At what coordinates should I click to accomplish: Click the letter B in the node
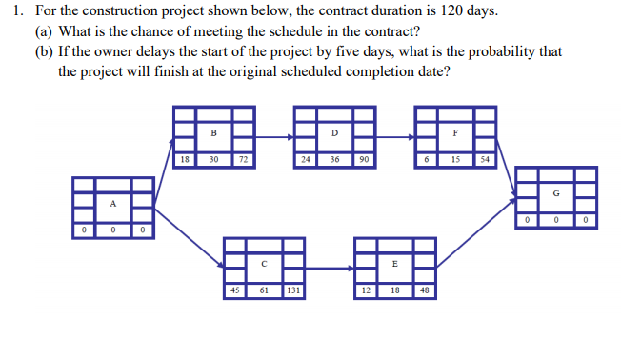click(x=213, y=132)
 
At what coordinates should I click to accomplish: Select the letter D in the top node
click(x=335, y=132)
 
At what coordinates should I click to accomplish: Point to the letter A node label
click(x=112, y=203)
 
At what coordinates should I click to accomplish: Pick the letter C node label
click(x=263, y=263)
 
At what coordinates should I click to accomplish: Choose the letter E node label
click(x=395, y=263)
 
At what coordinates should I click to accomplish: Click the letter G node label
click(x=555, y=195)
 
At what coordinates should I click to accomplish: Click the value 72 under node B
click(x=244, y=160)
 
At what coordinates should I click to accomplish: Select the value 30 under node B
click(x=213, y=160)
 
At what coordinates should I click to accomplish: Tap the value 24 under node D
click(x=304, y=160)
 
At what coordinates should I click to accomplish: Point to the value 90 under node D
click(x=365, y=160)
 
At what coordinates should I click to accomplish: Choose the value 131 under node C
click(x=293, y=290)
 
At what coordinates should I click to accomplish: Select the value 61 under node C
click(x=263, y=290)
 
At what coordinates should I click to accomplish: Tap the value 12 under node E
click(x=366, y=290)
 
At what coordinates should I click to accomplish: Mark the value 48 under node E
click(x=425, y=290)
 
